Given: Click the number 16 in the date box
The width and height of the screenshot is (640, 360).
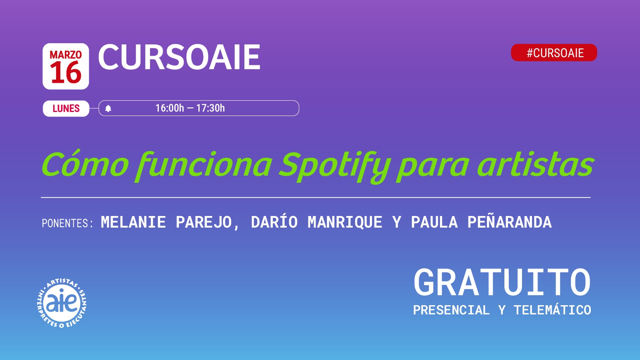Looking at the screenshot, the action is pyautogui.click(x=66, y=72).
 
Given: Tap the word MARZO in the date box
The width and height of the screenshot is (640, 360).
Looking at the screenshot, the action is pyautogui.click(x=66, y=54).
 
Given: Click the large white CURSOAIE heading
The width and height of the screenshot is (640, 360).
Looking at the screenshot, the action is pyautogui.click(x=179, y=57).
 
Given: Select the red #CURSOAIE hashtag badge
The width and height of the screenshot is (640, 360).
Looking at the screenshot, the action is pyautogui.click(x=554, y=52).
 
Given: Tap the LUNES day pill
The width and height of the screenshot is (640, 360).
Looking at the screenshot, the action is pyautogui.click(x=66, y=108).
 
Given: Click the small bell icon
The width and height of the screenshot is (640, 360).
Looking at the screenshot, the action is pyautogui.click(x=108, y=108).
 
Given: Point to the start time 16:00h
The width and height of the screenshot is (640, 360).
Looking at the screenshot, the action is pyautogui.click(x=170, y=108).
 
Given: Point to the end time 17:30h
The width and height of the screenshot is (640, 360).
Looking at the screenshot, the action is pyautogui.click(x=210, y=108).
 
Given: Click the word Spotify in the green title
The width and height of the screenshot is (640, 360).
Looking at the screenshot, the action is pyautogui.click(x=335, y=167).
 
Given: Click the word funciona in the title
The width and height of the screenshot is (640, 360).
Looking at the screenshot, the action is pyautogui.click(x=204, y=166).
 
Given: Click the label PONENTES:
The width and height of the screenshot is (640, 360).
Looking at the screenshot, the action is pyautogui.click(x=68, y=223).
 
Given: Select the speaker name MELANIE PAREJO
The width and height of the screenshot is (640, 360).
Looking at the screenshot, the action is pyautogui.click(x=166, y=222).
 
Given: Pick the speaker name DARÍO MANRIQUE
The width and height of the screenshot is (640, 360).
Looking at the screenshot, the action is pyautogui.click(x=316, y=222).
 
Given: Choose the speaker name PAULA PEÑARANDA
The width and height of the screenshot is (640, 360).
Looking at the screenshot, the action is pyautogui.click(x=482, y=222).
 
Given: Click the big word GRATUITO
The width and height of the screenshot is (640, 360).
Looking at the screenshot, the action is pyautogui.click(x=502, y=282).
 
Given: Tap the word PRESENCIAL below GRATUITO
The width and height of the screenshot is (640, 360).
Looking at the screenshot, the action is pyautogui.click(x=452, y=310).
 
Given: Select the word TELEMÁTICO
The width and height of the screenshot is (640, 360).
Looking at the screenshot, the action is pyautogui.click(x=552, y=310).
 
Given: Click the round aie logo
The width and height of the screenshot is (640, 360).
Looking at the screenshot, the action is pyautogui.click(x=62, y=303).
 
